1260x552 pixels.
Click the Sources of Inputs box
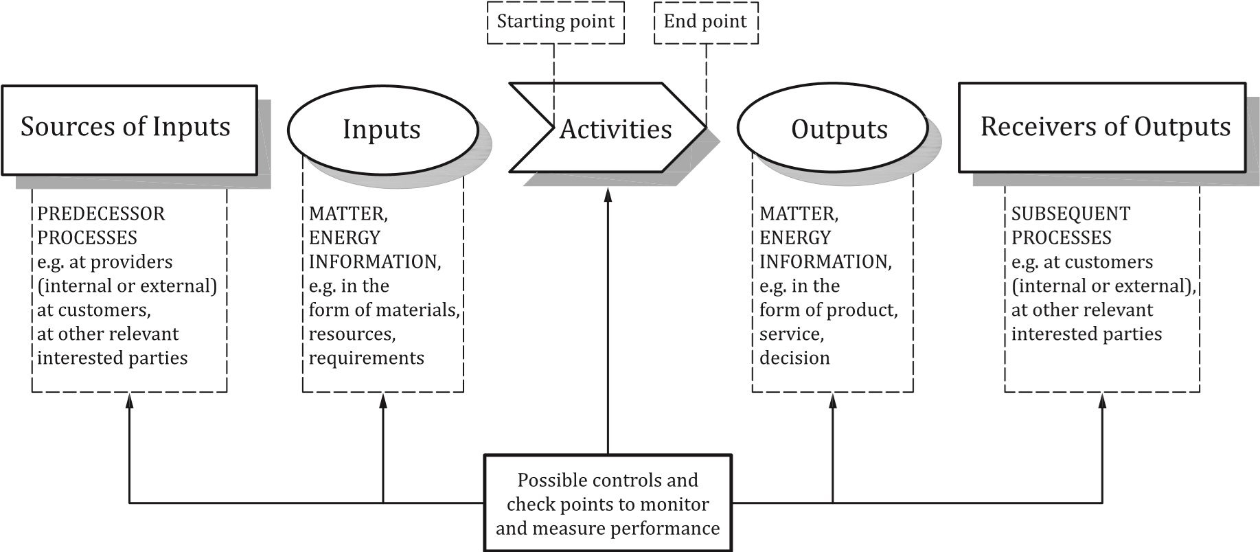click(x=129, y=129)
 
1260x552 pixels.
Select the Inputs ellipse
click(x=382, y=129)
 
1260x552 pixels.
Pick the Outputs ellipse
click(x=832, y=129)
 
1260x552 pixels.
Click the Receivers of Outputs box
click(x=1101, y=128)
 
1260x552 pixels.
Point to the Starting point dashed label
click(x=555, y=22)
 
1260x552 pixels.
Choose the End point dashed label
click(x=705, y=22)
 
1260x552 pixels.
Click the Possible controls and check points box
click(x=608, y=503)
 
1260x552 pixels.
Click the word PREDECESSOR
click(x=101, y=214)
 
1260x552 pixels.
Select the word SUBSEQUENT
click(x=1070, y=214)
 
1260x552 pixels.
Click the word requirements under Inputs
click(x=366, y=358)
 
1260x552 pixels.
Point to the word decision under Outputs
click(x=794, y=358)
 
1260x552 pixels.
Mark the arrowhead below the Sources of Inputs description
click(x=129, y=400)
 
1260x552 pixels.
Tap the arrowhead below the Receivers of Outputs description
click(x=1102, y=400)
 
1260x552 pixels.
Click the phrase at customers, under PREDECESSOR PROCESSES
click(x=93, y=310)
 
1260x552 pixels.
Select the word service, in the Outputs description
click(x=791, y=334)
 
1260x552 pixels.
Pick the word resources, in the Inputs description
click(x=352, y=334)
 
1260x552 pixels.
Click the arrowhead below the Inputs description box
click(x=382, y=400)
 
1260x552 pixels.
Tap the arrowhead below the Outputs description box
click(x=832, y=400)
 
